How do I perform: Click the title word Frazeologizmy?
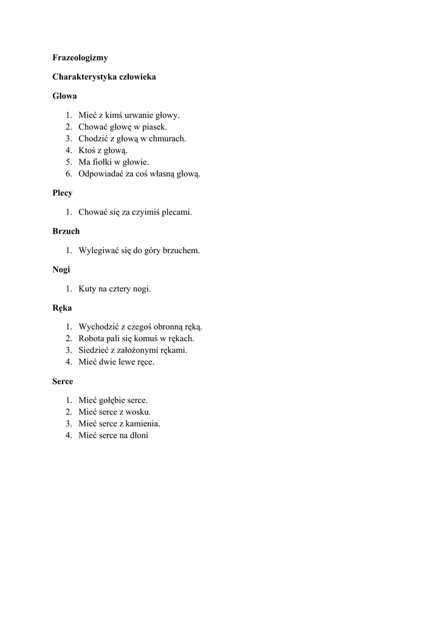80,58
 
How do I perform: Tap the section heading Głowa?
65,96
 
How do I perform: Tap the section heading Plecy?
63,193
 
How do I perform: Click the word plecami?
177,212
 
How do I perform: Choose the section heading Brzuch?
66,231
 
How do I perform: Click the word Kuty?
88,289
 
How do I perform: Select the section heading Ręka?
63,308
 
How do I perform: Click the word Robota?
92,338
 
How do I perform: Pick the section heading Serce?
63,381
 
